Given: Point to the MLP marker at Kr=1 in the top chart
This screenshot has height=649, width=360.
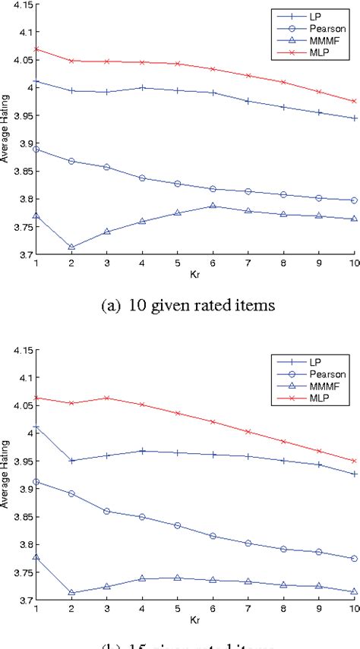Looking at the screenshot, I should [36, 49].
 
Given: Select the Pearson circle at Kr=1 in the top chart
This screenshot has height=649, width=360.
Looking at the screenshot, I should [36, 150].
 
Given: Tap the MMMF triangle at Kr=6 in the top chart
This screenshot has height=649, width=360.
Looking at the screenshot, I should [213, 206].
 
